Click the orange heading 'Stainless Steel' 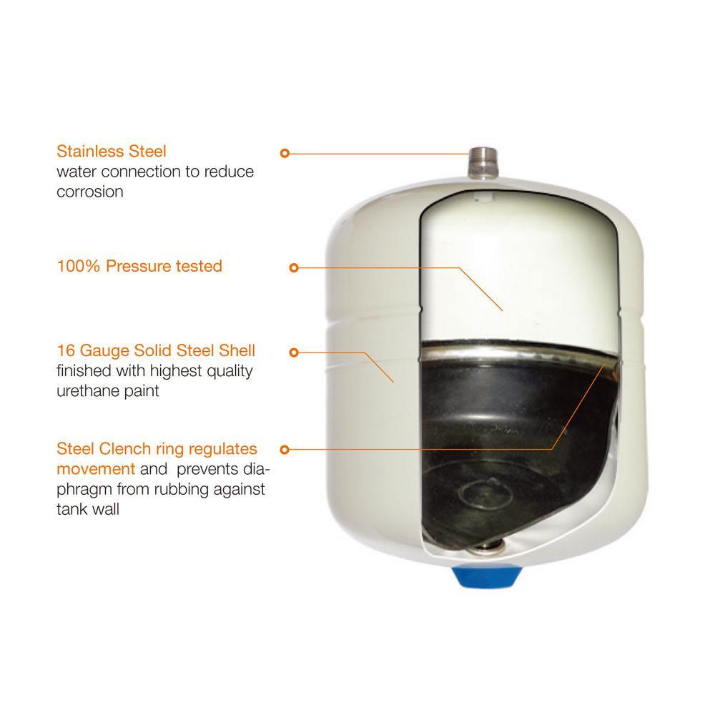click(x=112, y=152)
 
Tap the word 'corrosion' click(x=90, y=192)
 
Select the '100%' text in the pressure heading click(x=79, y=266)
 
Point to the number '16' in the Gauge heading click(x=66, y=350)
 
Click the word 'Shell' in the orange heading click(x=237, y=350)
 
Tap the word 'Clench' click(x=125, y=449)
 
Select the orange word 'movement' click(x=96, y=469)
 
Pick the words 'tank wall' click(x=87, y=509)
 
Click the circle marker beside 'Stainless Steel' click(x=285, y=153)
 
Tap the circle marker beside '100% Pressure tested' click(x=294, y=267)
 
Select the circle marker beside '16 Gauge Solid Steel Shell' click(x=294, y=352)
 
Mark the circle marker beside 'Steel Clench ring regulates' click(x=285, y=450)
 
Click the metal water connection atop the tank click(x=483, y=162)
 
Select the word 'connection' click(x=145, y=172)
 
